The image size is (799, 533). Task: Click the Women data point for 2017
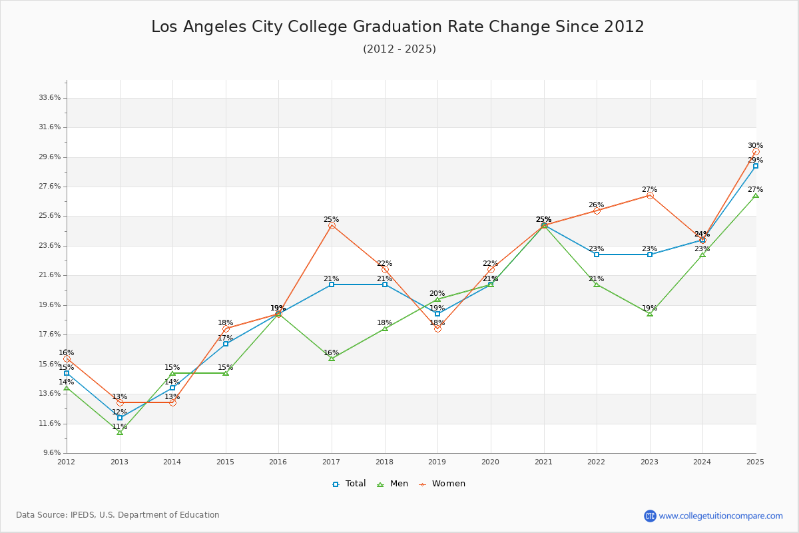point(332,226)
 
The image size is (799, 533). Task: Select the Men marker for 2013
point(120,432)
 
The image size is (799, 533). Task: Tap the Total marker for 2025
point(756,166)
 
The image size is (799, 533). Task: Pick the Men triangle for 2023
point(650,314)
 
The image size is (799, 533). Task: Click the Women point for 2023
point(650,196)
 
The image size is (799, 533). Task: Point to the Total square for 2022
point(597,255)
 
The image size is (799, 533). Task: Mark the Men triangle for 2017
point(332,358)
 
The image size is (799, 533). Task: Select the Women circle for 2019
point(437,328)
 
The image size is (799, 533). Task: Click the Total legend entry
point(350,484)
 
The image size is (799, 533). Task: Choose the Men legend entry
point(394,484)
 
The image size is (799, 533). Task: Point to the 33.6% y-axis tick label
point(50,97)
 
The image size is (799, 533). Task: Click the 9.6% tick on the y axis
point(52,452)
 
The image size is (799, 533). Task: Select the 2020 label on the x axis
point(490,461)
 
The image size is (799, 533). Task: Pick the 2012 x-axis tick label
point(67,461)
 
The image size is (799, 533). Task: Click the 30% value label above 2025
point(755,146)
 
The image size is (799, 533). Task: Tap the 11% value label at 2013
point(119,427)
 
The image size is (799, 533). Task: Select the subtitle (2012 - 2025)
point(400,49)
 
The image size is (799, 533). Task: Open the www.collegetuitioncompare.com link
point(720,516)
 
